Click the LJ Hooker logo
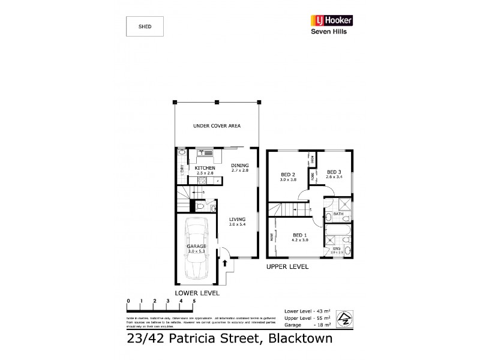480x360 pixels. click(330, 20)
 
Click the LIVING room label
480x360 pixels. click(237, 220)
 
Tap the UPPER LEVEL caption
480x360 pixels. click(288, 266)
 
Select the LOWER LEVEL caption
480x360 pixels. click(197, 293)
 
